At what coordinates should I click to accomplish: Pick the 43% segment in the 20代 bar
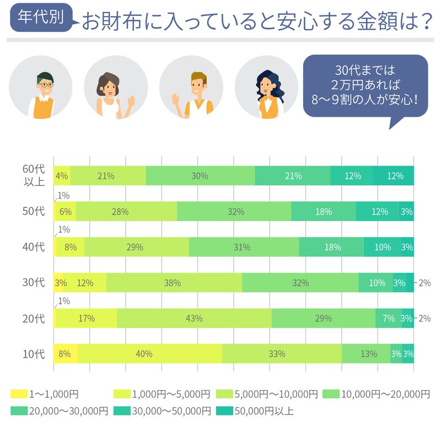point(194,318)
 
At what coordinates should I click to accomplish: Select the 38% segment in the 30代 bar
point(174,283)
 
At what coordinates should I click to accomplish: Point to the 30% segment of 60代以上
point(200,176)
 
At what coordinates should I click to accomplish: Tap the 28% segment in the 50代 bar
point(126,211)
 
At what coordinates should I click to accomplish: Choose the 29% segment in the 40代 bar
point(136,247)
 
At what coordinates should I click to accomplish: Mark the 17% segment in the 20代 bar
point(87,318)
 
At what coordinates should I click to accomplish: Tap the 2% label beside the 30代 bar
point(424,283)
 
